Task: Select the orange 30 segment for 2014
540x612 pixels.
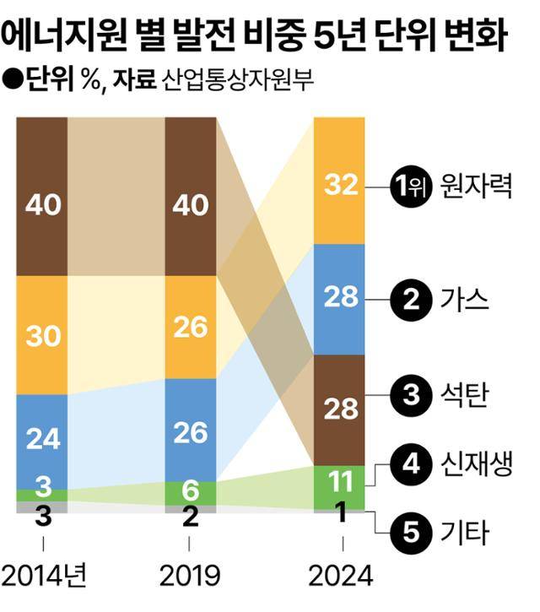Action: pos(42,335)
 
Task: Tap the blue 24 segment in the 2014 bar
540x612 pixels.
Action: pos(42,439)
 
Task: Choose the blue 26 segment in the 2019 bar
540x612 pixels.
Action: pos(191,431)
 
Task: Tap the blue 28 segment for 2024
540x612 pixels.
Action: pos(339,299)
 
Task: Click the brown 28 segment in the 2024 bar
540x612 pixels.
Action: pos(339,409)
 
